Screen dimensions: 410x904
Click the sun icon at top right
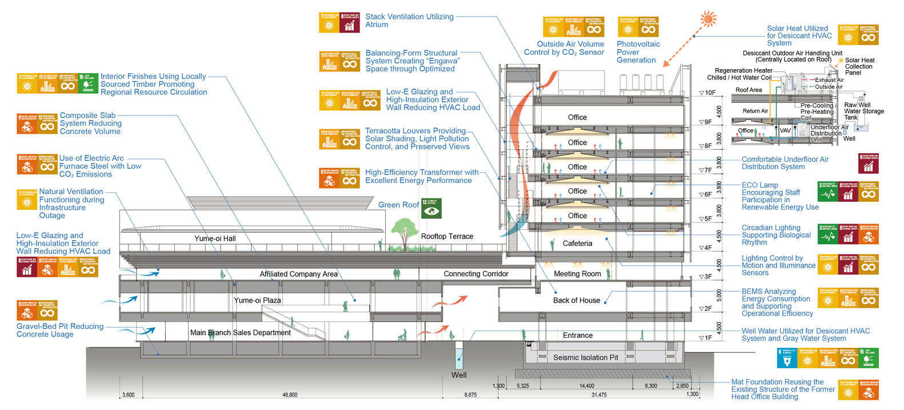[x=709, y=19]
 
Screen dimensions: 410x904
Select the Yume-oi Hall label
[x=215, y=238]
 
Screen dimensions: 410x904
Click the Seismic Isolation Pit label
[x=586, y=357]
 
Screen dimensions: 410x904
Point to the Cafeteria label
[x=577, y=243]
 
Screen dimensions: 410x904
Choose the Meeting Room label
[x=577, y=274]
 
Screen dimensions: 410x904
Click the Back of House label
[x=577, y=300]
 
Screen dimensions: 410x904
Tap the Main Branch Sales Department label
[x=241, y=332]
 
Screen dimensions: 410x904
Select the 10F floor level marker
[x=707, y=93]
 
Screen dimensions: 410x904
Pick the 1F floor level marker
[x=706, y=338]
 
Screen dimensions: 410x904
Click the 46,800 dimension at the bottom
[x=290, y=395]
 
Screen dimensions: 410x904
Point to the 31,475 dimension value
[x=599, y=395]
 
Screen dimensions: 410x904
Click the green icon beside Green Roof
[x=431, y=209]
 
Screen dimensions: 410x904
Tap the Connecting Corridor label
[x=476, y=274]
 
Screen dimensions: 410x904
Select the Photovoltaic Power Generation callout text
[x=638, y=52]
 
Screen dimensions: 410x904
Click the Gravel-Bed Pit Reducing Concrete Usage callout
[x=60, y=330]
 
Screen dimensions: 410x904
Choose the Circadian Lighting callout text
[x=776, y=235]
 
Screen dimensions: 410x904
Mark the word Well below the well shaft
[x=459, y=375]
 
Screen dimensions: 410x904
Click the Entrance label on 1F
[x=578, y=336]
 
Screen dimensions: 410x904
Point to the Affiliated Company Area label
[x=298, y=274]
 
